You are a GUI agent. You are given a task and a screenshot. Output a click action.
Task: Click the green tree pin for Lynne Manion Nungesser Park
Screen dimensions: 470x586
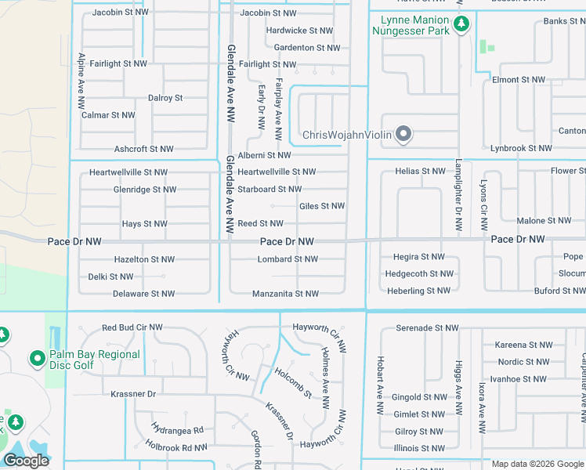462,24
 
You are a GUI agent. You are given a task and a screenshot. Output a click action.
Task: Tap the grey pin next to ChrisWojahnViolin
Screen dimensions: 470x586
403,136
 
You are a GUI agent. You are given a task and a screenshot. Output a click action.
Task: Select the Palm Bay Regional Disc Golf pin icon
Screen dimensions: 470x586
36,360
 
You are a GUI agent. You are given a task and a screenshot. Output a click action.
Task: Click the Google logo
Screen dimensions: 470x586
26,461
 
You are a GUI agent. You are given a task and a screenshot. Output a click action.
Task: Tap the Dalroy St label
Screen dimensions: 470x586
165,98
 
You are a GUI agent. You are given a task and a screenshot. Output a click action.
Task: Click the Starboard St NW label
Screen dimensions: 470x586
269,189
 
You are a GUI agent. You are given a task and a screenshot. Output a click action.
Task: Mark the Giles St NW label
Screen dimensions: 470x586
322,206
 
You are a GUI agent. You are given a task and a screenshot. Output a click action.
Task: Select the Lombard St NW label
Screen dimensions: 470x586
288,258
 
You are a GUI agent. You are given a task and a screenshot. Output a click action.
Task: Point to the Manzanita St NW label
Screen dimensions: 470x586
285,294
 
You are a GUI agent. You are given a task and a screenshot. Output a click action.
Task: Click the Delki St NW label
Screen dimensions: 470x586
110,277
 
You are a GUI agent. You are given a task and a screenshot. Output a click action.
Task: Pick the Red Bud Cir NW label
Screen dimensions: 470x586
132,327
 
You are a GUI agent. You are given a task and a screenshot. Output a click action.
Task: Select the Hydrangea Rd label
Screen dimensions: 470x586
178,430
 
